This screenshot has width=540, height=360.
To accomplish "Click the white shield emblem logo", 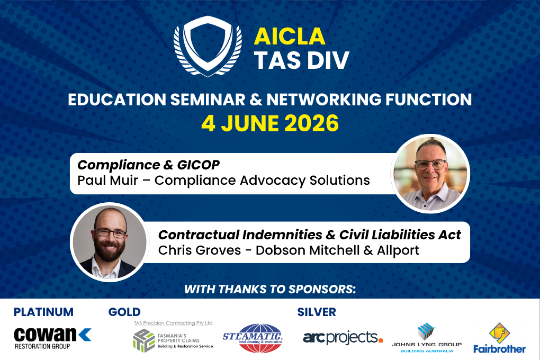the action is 208,46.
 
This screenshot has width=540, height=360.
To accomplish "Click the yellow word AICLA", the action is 290,37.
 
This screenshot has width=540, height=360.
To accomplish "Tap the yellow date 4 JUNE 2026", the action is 270,123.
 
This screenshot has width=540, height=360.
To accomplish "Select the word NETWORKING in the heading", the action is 323,100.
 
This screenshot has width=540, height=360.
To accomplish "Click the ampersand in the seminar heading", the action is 256,100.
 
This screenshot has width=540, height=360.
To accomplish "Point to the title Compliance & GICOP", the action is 148,165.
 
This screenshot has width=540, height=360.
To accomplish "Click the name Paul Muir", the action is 107,180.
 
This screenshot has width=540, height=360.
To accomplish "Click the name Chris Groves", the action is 200,250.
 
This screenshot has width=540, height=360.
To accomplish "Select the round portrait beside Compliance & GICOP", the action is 430,174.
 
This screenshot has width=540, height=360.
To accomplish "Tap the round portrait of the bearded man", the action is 110,242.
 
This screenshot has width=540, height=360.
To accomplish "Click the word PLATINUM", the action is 43,312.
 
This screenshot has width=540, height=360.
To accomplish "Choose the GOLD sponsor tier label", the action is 124,312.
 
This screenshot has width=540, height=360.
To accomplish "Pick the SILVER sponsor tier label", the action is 317,312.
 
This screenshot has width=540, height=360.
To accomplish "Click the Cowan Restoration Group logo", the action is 52,338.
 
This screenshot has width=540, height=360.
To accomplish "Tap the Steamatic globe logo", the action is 253,338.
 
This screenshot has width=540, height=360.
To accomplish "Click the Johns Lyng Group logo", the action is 427,338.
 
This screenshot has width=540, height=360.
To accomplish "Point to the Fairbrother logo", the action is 499,338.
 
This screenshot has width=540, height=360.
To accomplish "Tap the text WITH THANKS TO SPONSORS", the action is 270,290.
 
